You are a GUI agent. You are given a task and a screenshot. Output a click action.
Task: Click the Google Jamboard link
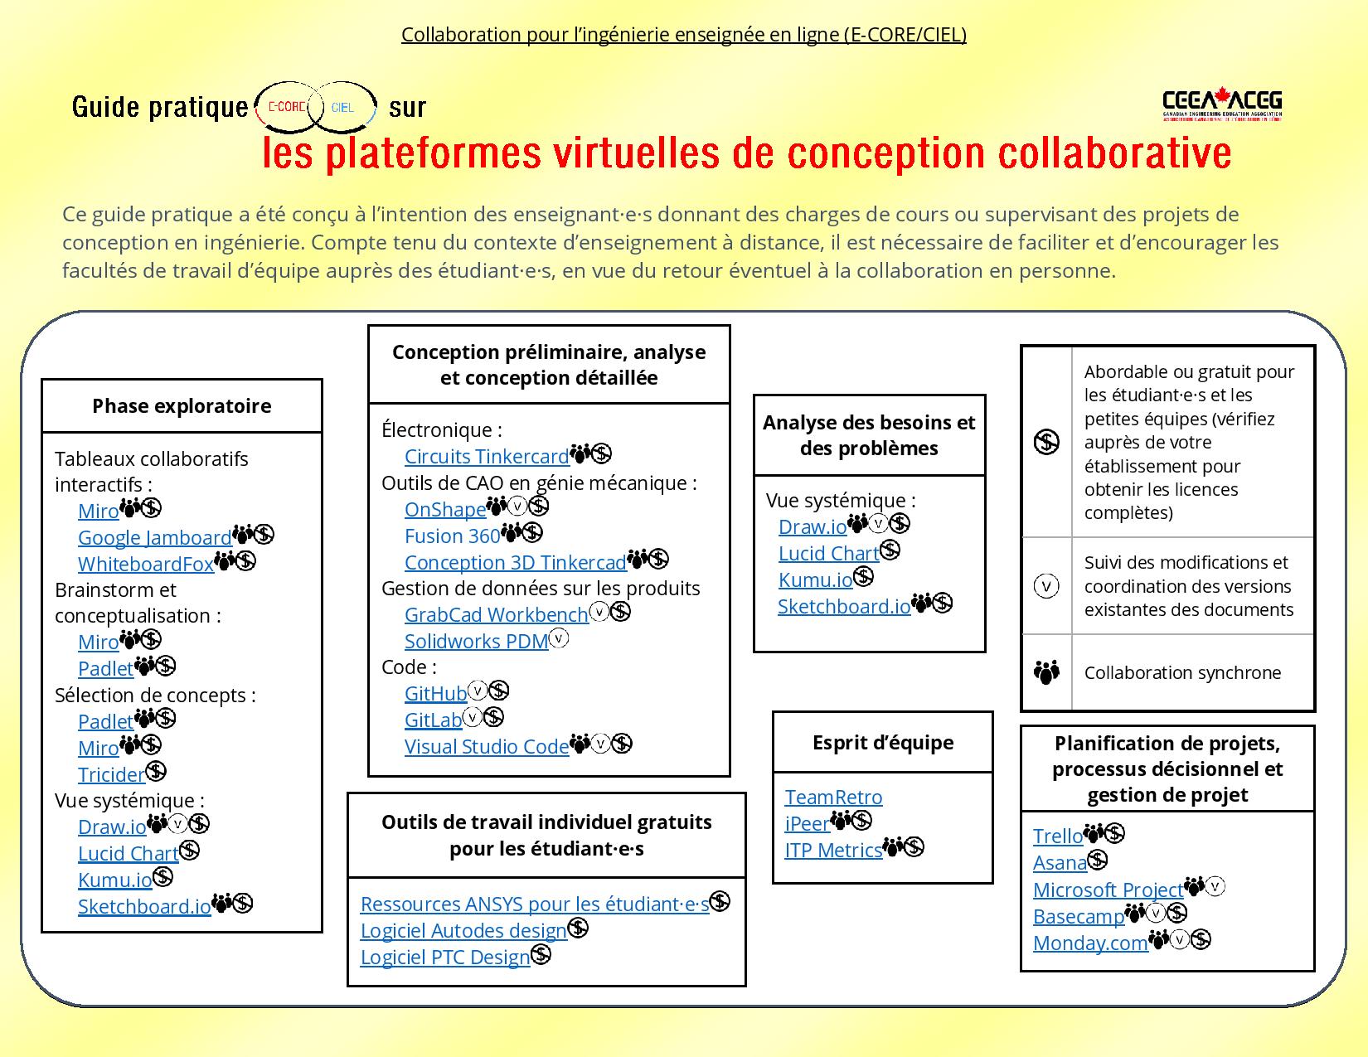[154, 537]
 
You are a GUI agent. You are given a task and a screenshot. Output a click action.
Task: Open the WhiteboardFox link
[146, 564]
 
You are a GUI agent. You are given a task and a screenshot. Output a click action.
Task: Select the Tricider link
[111, 774]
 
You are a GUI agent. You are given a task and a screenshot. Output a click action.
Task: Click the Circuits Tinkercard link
[487, 456]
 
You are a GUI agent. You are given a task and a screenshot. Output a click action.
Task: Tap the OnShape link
[444, 509]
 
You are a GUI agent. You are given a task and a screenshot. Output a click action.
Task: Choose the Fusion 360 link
[452, 536]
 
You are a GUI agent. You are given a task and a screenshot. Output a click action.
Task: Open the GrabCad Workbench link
[496, 614]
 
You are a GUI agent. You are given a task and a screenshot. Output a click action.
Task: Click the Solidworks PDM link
[476, 641]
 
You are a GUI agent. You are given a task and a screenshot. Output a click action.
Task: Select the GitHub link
[435, 693]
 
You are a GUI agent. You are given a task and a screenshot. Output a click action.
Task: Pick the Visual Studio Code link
[487, 746]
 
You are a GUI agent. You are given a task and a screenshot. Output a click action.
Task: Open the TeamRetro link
[833, 797]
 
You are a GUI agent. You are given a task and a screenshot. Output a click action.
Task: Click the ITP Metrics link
[833, 850]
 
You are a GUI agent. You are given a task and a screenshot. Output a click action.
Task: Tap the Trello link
[1057, 836]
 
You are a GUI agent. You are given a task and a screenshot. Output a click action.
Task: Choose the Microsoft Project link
[1108, 890]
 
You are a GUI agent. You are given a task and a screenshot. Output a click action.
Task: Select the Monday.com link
[1090, 943]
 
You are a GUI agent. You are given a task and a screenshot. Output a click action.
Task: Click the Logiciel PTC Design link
[444, 957]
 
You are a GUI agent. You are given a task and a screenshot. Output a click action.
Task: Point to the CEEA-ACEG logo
[1222, 105]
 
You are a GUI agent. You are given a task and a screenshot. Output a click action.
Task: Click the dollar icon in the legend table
[1047, 442]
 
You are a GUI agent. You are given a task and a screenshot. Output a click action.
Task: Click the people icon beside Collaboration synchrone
[1047, 672]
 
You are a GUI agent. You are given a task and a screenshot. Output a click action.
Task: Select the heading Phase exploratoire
[182, 405]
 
